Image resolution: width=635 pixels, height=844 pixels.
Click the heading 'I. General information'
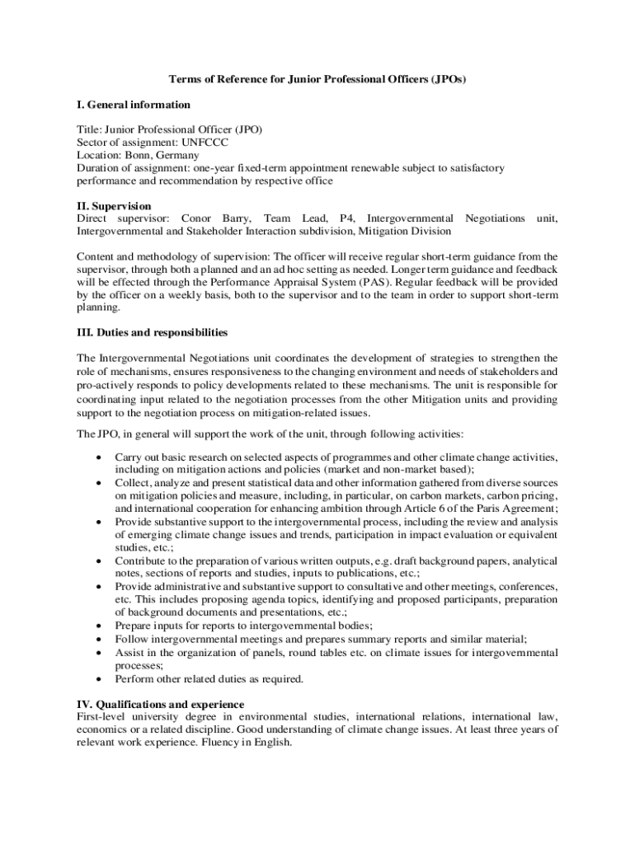(x=133, y=105)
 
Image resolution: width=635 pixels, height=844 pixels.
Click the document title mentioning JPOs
(x=317, y=79)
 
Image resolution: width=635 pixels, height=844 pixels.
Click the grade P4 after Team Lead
(x=345, y=218)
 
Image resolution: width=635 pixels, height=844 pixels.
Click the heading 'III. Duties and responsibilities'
(x=152, y=332)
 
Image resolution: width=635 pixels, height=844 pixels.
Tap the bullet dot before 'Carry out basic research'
(x=99, y=457)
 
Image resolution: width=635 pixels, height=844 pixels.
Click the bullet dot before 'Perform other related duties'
(x=99, y=679)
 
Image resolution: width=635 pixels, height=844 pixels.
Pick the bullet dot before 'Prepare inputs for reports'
(x=99, y=626)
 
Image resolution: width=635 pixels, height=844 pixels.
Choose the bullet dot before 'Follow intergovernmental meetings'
(x=99, y=639)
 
